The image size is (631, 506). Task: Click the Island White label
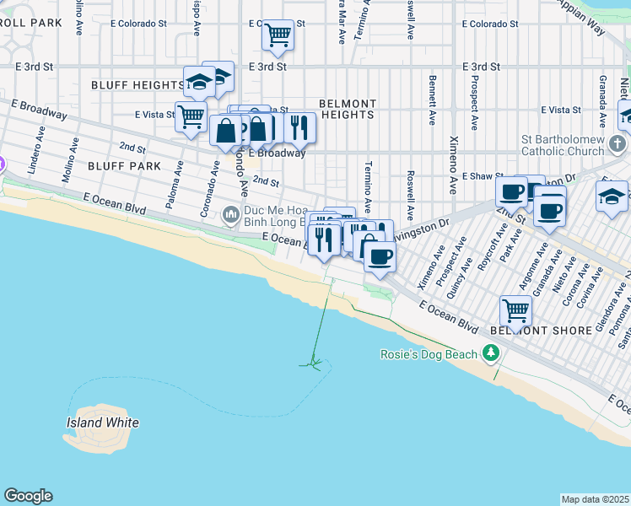(x=102, y=423)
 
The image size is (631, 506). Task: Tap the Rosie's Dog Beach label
(x=429, y=354)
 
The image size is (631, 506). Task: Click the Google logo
(x=28, y=496)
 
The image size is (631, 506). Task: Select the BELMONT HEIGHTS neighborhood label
(x=348, y=109)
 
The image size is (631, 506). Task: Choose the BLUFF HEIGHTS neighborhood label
(x=137, y=85)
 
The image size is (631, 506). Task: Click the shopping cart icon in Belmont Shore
(x=515, y=310)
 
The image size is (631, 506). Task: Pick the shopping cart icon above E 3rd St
(x=278, y=35)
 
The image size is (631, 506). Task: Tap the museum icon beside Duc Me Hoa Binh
(x=231, y=216)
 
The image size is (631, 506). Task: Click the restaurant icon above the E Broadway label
(x=299, y=127)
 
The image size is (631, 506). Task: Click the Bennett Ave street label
(x=432, y=100)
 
